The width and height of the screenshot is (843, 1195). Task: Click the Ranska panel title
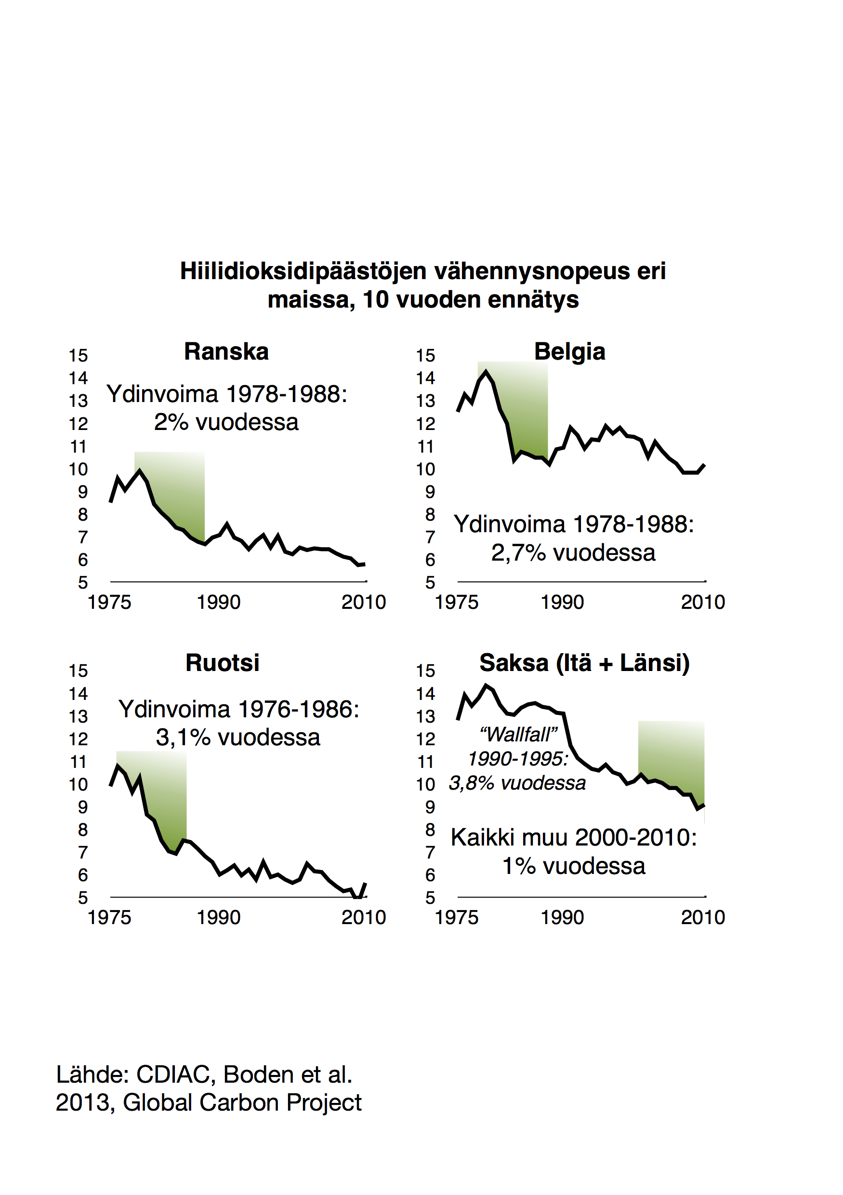coord(226,352)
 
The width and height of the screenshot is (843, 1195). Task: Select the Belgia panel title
coord(569,352)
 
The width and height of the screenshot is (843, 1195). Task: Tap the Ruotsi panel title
coord(223,663)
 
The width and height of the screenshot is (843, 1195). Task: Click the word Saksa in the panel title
coord(514,663)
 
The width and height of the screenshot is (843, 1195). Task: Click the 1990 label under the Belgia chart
coord(562,602)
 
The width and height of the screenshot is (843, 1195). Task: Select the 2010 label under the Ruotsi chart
coord(364,917)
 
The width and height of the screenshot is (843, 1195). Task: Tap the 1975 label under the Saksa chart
coord(456,917)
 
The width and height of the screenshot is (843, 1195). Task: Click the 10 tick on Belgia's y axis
coord(425,470)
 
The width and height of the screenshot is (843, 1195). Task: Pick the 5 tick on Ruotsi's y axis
coord(83,898)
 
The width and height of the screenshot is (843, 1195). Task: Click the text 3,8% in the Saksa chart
coord(471,783)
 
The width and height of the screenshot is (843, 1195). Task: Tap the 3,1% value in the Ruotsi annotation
coord(182,738)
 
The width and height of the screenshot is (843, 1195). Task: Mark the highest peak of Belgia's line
coord(486,372)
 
